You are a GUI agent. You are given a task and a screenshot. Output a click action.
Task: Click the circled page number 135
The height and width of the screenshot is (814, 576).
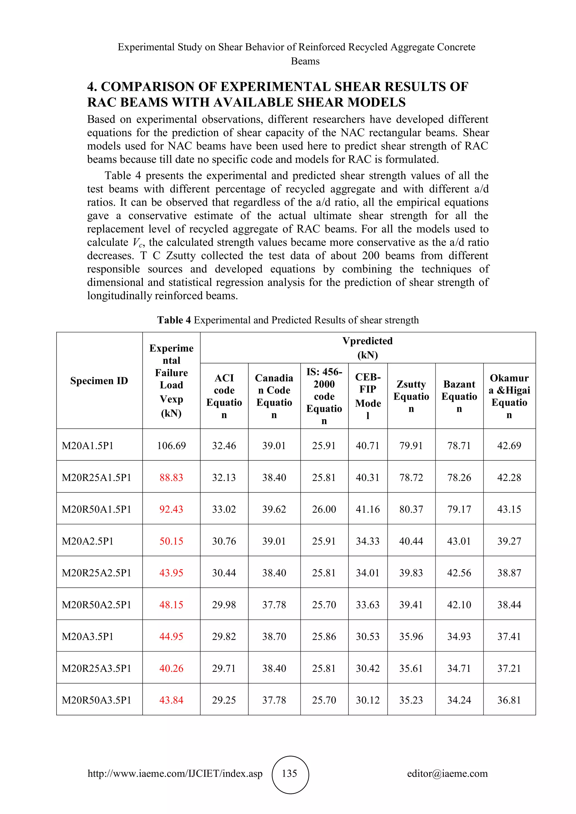point(289,773)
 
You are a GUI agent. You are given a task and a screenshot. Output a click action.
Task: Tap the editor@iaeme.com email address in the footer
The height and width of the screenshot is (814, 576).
point(447,773)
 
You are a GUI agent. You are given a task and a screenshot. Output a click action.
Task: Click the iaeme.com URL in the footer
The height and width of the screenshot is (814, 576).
point(175,773)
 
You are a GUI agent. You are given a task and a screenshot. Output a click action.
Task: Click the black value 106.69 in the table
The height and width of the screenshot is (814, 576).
point(171,445)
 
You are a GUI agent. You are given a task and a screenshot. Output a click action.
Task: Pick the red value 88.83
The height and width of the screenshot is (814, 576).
point(171,477)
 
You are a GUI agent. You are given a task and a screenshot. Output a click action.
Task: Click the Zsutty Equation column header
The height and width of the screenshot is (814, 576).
point(411,396)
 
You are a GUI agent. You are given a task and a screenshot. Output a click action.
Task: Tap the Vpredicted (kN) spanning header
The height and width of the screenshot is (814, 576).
point(367,348)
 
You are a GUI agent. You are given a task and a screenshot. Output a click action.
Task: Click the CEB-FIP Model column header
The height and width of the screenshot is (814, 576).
point(368,396)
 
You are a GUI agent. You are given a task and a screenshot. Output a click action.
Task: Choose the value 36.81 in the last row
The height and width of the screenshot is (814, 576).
point(509,700)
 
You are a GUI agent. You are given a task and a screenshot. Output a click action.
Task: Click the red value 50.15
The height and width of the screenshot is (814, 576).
point(171,541)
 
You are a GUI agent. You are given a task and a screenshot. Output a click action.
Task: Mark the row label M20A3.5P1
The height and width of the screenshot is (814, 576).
point(87,636)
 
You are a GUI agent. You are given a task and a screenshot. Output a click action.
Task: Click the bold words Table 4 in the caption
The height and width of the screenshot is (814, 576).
point(174,320)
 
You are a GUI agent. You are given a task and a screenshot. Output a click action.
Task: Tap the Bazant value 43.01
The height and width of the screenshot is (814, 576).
point(459,541)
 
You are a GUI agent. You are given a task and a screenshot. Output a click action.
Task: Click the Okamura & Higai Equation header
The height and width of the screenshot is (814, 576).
point(509,396)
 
